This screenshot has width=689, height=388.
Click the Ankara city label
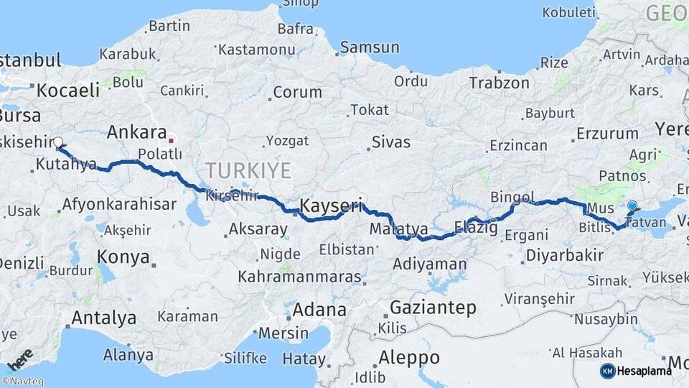pyautogui.click(x=136, y=132)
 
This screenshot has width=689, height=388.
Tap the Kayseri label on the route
pyautogui.click(x=330, y=205)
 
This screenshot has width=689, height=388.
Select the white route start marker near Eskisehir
pyautogui.click(x=58, y=142)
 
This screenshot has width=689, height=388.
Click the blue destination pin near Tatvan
pyautogui.click(x=632, y=207)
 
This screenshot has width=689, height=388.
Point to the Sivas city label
pyautogui.click(x=392, y=143)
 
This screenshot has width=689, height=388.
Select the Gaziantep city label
pyautogui.click(x=433, y=308)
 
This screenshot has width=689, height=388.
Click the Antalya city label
pyautogui.click(x=103, y=317)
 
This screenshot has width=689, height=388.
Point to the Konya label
pyautogui.click(x=123, y=257)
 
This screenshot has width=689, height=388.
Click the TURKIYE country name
pyautogui.click(x=248, y=170)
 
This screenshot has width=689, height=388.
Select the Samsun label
pyautogui.click(x=370, y=48)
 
